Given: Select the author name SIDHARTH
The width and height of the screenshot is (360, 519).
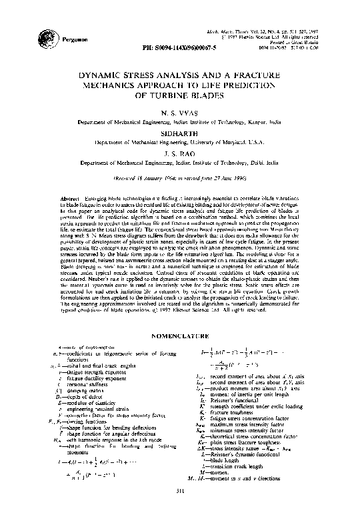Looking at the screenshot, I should (180, 133).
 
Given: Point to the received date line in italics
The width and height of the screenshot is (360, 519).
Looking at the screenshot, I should (180, 179).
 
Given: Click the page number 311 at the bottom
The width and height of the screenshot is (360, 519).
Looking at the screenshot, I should (180, 510).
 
